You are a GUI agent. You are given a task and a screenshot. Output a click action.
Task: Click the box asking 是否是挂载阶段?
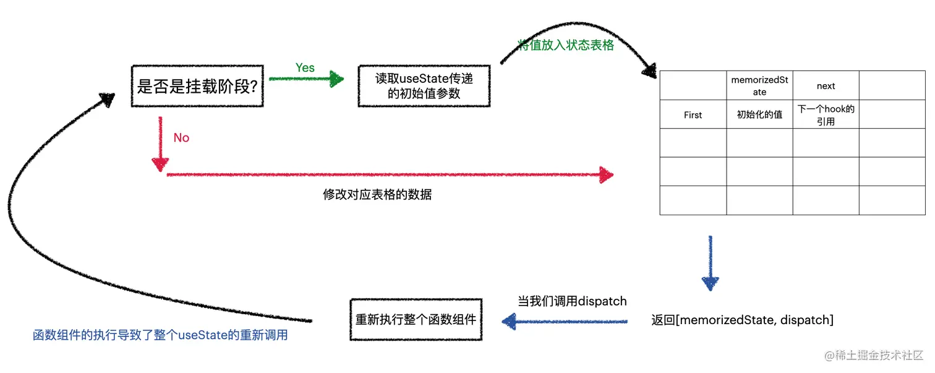pos(197,86)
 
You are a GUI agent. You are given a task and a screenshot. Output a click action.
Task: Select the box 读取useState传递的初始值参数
pos(424,86)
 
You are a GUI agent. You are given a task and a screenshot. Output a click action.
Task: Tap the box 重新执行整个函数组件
pos(416,320)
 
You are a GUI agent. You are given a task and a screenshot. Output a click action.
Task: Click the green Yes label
pos(305,68)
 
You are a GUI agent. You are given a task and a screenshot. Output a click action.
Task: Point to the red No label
pos(181,138)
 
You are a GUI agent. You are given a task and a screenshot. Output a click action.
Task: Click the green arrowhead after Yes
pos(336,79)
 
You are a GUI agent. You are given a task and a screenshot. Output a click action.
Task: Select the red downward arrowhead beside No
pos(160,163)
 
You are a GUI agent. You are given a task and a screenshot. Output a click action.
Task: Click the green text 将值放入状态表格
pos(566,45)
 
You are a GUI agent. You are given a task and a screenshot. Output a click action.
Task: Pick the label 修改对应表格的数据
pos(377,195)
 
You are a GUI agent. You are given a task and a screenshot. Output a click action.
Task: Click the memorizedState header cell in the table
pos(759,86)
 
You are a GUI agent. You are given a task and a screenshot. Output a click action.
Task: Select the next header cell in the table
pos(826,86)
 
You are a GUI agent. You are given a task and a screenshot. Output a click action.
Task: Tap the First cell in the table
pos(693,115)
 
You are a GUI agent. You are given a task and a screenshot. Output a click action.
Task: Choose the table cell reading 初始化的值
pos(759,115)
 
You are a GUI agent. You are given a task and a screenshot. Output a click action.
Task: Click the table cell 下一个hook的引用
pos(826,115)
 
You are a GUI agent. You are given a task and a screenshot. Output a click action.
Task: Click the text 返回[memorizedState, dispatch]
pos(742,320)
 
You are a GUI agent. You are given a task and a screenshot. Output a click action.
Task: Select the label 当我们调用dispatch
pos(572,301)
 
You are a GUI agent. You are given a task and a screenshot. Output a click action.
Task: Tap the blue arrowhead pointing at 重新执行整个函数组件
pos(510,320)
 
